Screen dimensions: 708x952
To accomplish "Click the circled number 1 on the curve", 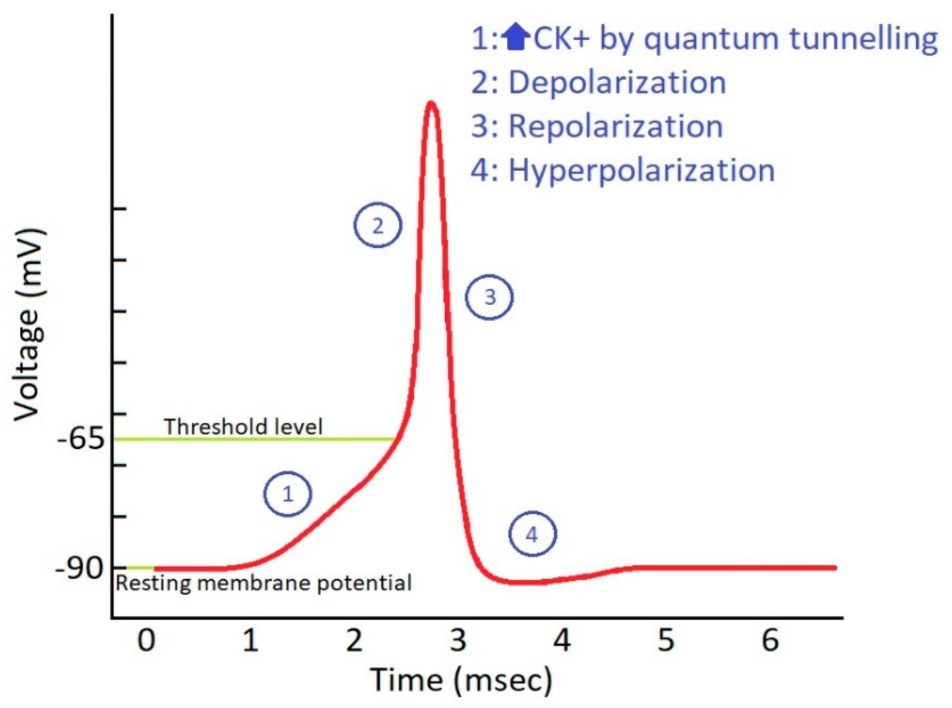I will pos(287,494).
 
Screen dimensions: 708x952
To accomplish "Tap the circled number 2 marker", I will pos(377,225).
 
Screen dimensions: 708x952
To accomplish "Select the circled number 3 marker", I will pos(489,296).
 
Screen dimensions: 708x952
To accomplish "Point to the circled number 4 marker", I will pos(532,534).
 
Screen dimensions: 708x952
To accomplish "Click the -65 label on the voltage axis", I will pos(81,439).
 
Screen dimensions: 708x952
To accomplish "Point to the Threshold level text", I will pos(243,427).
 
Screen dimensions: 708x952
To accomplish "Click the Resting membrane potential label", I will pos(263,583).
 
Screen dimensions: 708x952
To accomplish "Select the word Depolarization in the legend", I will pos(617,82).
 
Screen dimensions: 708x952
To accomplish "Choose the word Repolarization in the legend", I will pos(616,126).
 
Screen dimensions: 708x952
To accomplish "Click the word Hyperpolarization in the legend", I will pos(642,171).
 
